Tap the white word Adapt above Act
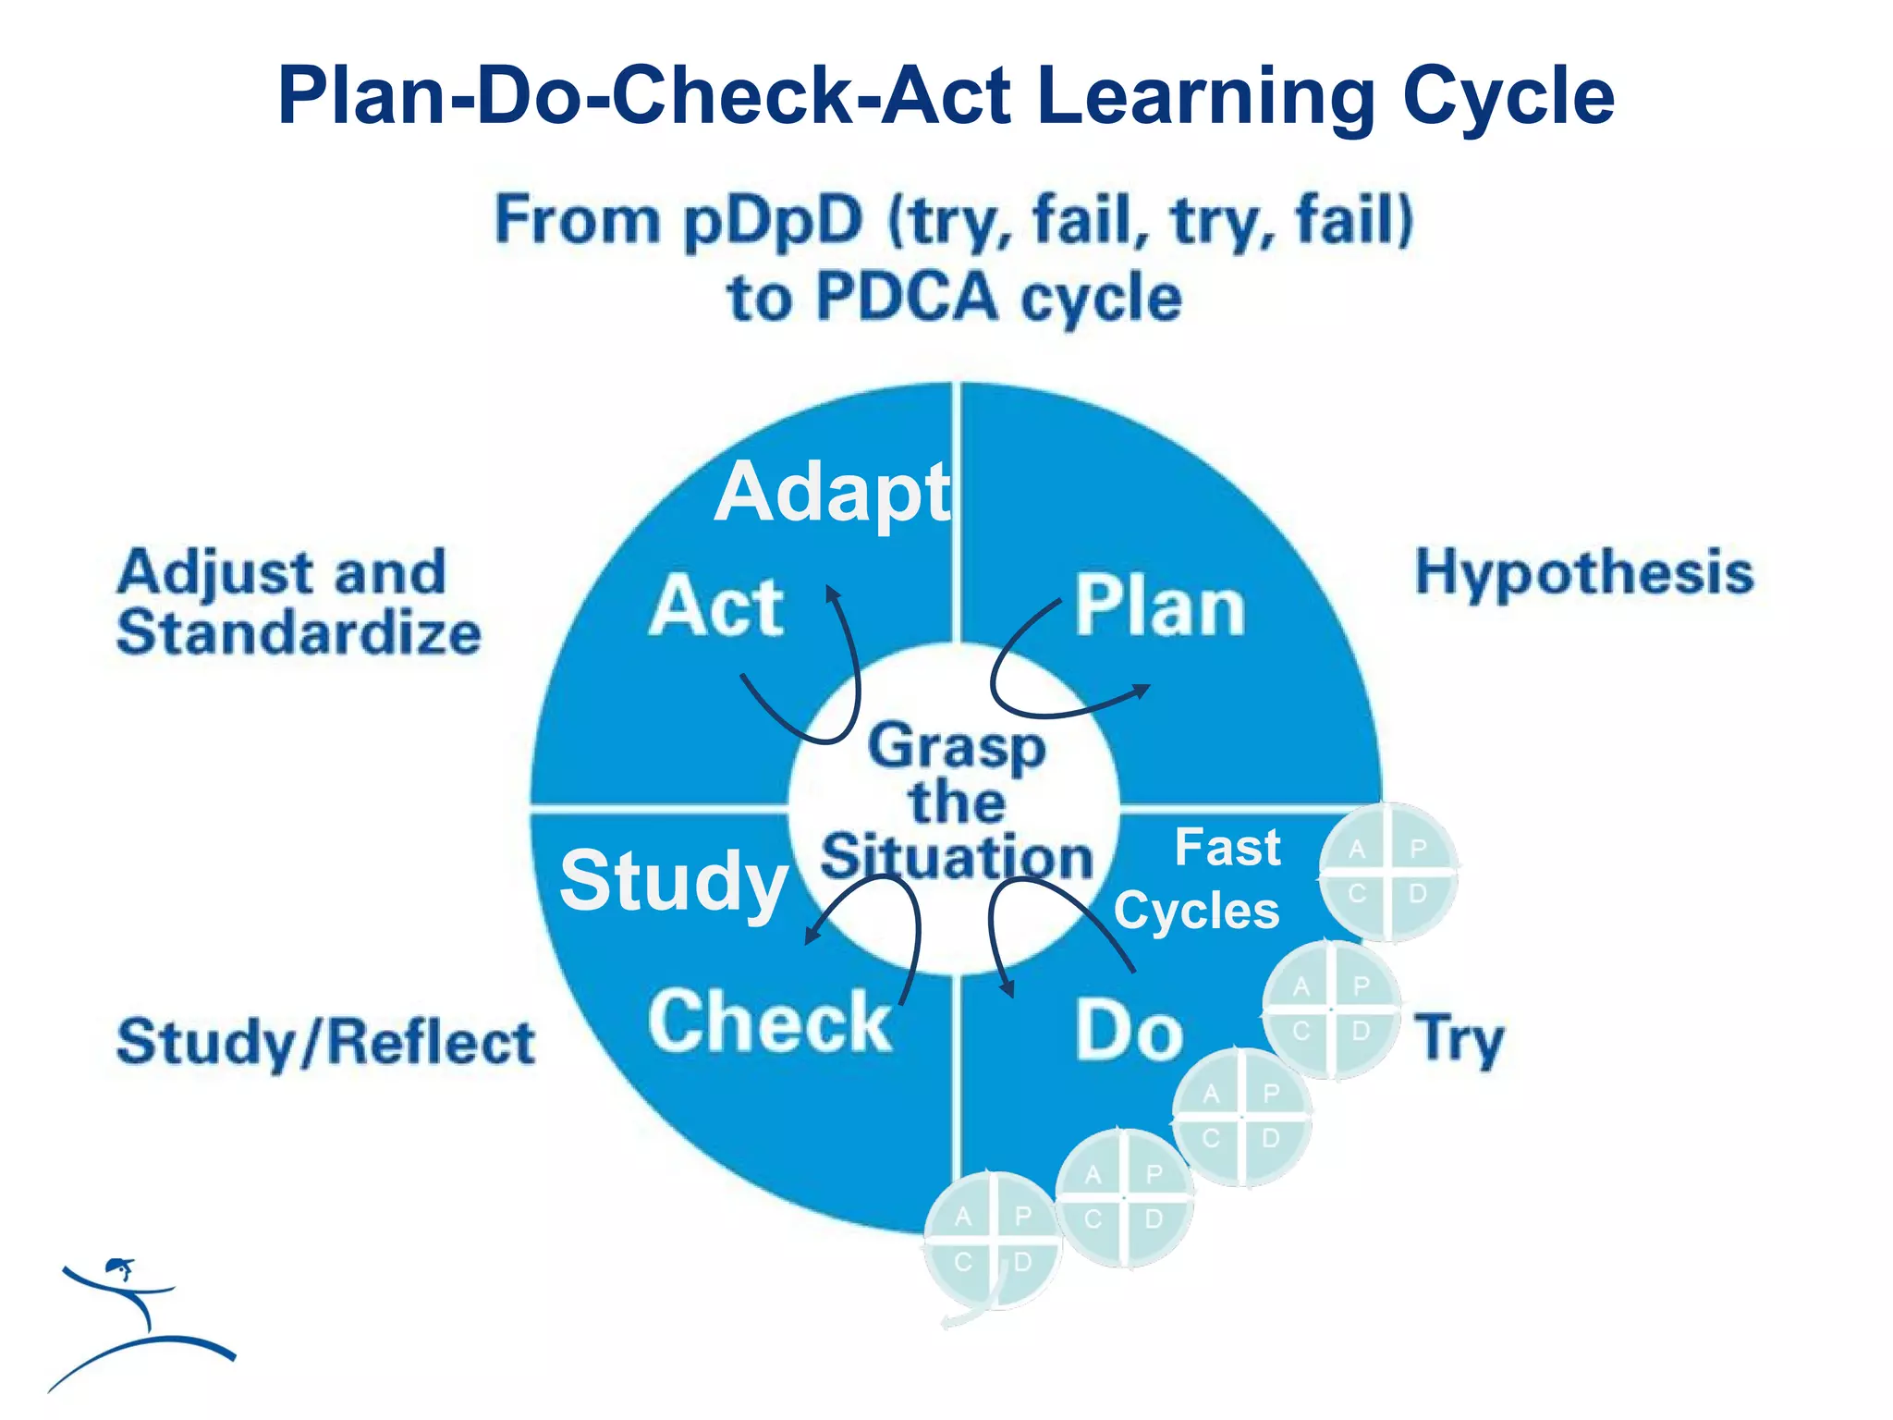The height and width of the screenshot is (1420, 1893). (832, 493)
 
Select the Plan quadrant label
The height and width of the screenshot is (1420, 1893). (1160, 607)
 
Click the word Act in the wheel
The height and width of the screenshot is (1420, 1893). (716, 607)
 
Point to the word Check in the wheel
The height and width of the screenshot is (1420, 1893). (770, 1022)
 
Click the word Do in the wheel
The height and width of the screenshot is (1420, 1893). (1129, 1031)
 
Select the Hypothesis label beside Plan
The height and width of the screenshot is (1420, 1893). (1584, 572)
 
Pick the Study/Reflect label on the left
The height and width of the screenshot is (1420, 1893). (325, 1043)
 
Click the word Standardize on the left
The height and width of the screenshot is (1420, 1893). (299, 633)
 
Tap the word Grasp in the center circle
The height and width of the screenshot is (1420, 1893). (957, 747)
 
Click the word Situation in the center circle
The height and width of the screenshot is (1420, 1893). (957, 857)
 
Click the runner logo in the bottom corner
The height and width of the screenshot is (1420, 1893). (139, 1322)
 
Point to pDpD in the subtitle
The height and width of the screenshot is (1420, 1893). (773, 221)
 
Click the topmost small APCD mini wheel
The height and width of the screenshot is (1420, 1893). (1387, 872)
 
